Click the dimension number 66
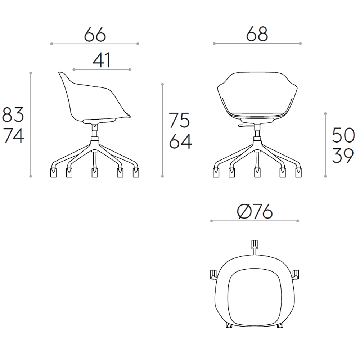click(95, 35)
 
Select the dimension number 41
click(102, 60)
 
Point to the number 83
click(13, 114)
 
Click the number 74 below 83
click(13, 135)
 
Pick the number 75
click(180, 120)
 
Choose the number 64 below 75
click(180, 141)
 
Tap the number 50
click(343, 135)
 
